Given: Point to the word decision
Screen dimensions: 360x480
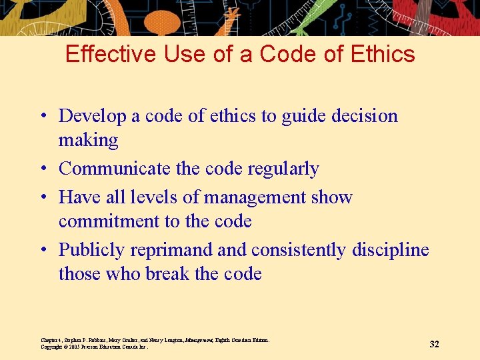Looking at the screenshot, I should [365, 116].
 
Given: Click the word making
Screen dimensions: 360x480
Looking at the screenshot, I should [88, 141].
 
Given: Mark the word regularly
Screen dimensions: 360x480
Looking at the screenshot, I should [283, 169].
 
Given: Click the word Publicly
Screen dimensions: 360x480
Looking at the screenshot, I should [92, 250].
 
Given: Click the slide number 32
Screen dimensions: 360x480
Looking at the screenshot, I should [434, 344].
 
